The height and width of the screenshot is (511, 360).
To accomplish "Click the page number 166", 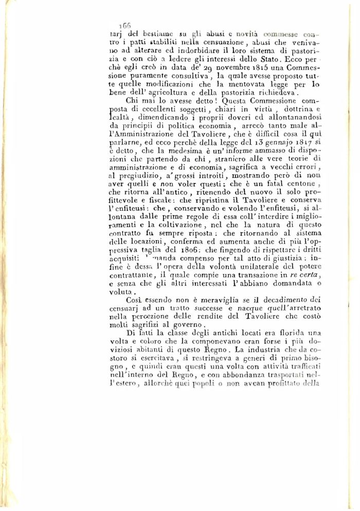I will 125,25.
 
